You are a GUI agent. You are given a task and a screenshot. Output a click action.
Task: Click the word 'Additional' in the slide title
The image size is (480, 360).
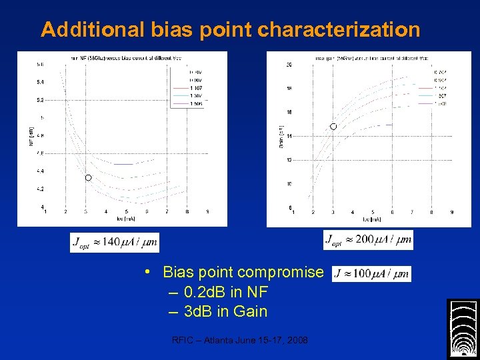coord(92,30)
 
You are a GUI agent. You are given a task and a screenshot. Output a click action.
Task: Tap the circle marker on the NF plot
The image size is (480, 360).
coord(88,178)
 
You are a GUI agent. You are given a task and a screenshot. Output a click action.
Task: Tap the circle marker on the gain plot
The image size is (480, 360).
coord(333,126)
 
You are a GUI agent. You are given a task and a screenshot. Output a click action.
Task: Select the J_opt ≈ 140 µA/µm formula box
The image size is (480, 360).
coord(115,242)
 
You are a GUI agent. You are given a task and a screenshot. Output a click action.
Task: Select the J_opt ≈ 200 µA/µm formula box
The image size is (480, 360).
coord(368,240)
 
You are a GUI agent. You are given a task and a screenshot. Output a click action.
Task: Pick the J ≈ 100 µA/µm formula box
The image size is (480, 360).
coord(371,273)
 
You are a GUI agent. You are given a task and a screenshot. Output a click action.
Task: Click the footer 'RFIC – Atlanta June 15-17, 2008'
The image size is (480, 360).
coord(240,340)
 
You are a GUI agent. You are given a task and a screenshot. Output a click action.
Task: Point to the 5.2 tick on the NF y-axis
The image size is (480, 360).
coord(41,100)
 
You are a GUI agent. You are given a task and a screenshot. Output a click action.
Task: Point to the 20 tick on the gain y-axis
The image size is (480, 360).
coord(289,65)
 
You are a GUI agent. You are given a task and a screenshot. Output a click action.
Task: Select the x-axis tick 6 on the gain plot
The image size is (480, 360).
coord(392,212)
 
